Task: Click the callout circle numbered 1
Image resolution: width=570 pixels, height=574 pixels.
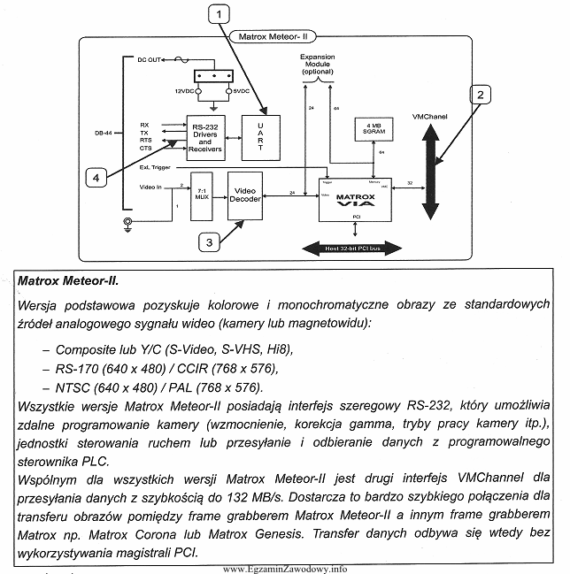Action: (220, 12)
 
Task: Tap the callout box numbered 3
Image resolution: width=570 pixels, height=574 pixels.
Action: (208, 240)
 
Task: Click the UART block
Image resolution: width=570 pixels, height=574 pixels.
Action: (261, 137)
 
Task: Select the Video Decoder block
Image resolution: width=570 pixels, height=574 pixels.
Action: (244, 195)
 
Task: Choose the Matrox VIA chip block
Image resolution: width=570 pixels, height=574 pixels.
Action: (354, 198)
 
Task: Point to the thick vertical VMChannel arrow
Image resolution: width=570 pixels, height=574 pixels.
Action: (430, 171)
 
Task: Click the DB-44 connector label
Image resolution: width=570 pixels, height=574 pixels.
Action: (104, 134)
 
